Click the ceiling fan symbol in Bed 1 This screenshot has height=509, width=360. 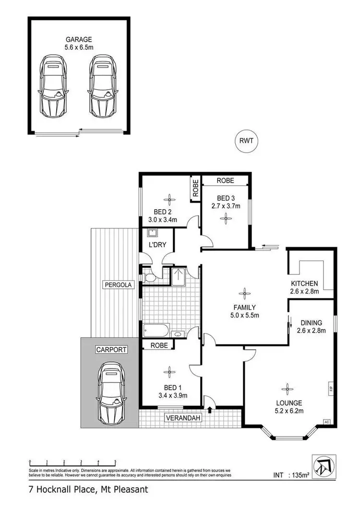pyautogui.click(x=169, y=370)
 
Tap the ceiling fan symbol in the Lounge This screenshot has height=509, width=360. pyautogui.click(x=287, y=388)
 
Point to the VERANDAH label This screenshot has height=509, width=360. pyautogui.click(x=182, y=418)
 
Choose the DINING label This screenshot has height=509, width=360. pyautogui.click(x=311, y=323)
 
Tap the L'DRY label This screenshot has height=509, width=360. pyautogui.click(x=157, y=245)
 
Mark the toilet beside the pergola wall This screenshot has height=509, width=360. pyautogui.click(x=148, y=277)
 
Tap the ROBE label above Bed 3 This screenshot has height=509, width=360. pyautogui.click(x=225, y=180)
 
